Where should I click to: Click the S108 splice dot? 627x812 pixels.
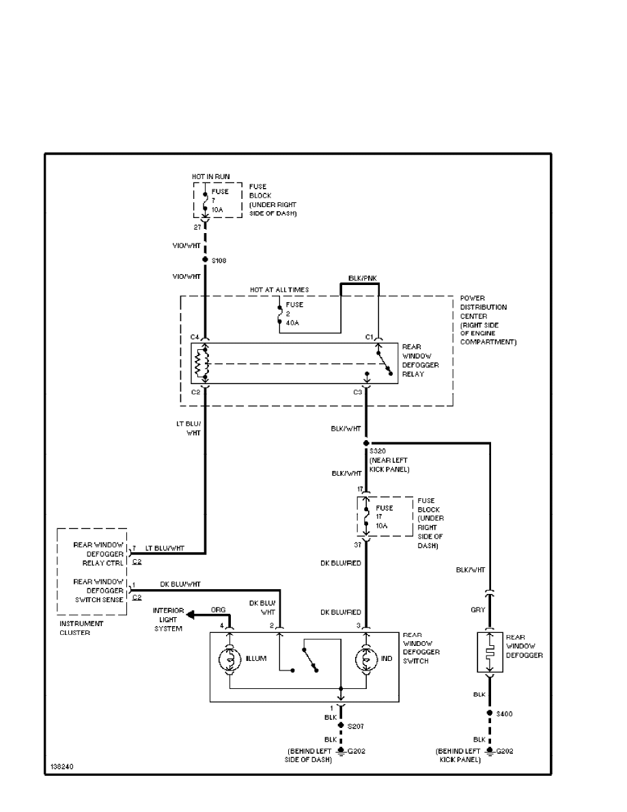[204, 260]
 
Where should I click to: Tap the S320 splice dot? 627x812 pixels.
[366, 443]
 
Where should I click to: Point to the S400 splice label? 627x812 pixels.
[505, 714]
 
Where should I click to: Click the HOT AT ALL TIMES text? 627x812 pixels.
[279, 290]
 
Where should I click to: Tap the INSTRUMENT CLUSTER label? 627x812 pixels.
[81, 627]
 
